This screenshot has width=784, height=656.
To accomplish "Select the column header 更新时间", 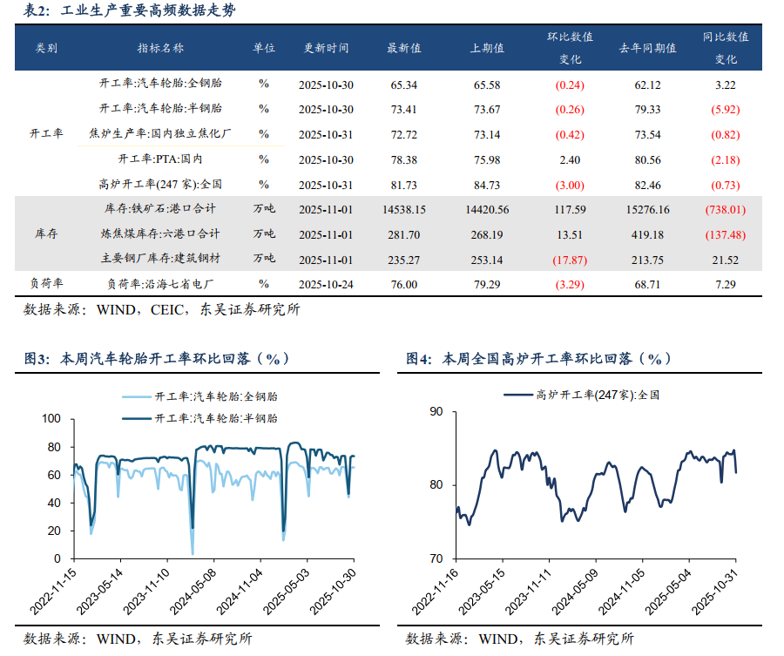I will tap(328, 49).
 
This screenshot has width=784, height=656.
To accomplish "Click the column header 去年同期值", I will tap(647, 49).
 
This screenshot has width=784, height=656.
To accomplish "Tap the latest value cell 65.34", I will tap(404, 85).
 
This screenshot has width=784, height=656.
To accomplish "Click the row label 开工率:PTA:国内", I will tap(160, 159).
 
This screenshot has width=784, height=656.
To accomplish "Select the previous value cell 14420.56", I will tap(487, 210).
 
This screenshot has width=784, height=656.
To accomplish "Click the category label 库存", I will tap(46, 234).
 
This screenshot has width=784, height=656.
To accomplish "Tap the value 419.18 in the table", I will tap(647, 234).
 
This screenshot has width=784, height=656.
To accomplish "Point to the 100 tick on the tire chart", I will tap(51, 419).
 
